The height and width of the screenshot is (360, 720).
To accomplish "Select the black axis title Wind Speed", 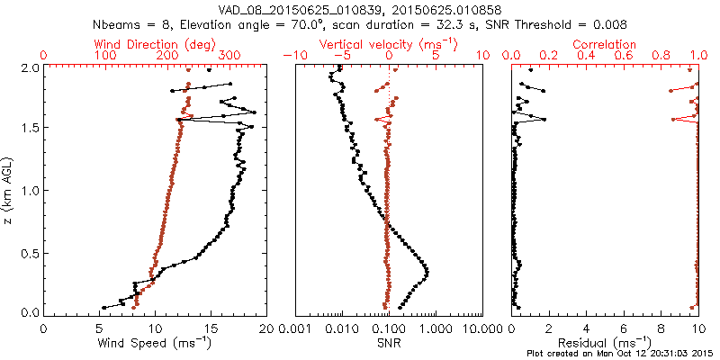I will [155, 342].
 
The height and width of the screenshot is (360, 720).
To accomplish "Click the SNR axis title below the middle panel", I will [389, 342].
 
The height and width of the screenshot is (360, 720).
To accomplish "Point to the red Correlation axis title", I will [605, 44].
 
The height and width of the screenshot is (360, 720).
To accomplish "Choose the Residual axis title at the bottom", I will [605, 342].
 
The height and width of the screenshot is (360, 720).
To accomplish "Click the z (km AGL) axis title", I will [10, 190].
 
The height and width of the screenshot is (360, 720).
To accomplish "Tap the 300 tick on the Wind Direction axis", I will [229, 56].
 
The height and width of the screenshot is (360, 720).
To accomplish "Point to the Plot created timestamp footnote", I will [622, 353].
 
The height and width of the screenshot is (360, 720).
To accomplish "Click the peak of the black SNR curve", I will [426, 272].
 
